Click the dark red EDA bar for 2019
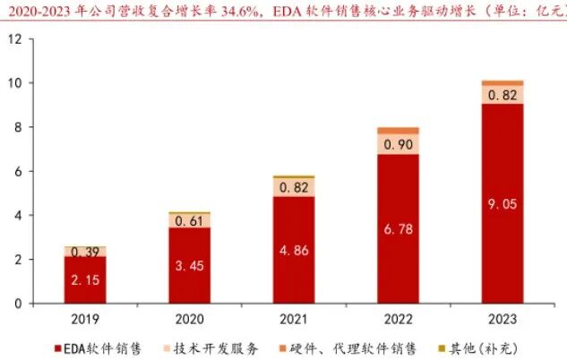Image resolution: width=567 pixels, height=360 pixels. click(x=85, y=279)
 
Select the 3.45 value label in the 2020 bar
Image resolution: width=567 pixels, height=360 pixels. click(x=190, y=266)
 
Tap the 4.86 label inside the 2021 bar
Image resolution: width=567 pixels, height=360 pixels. click(x=294, y=251)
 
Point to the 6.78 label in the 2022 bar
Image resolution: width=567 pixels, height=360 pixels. click(x=398, y=229)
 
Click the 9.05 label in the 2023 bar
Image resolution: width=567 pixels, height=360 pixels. click(x=503, y=204)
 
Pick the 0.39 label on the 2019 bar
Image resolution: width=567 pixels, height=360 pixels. click(x=85, y=252)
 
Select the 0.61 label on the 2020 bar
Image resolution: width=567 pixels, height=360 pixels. click(x=190, y=221)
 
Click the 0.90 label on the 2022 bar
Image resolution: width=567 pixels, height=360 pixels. click(x=398, y=144)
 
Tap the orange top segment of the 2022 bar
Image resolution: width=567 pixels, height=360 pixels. click(x=398, y=131)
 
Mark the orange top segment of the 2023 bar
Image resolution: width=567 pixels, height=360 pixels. click(x=503, y=83)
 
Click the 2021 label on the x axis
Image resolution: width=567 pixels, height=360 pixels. click(x=294, y=319)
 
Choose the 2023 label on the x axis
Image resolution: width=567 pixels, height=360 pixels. click(x=503, y=319)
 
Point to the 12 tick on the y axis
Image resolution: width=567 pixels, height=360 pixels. click(x=15, y=39)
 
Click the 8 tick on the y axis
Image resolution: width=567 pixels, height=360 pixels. click(x=19, y=127)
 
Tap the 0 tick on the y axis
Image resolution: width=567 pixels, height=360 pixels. click(x=19, y=304)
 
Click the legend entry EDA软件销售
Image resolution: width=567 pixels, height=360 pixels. click(x=98, y=348)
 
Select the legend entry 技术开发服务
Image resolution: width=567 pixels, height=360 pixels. click(x=210, y=348)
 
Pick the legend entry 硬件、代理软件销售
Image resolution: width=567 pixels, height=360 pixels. click(x=348, y=348)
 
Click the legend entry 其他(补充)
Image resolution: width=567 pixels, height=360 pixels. click(x=478, y=348)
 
